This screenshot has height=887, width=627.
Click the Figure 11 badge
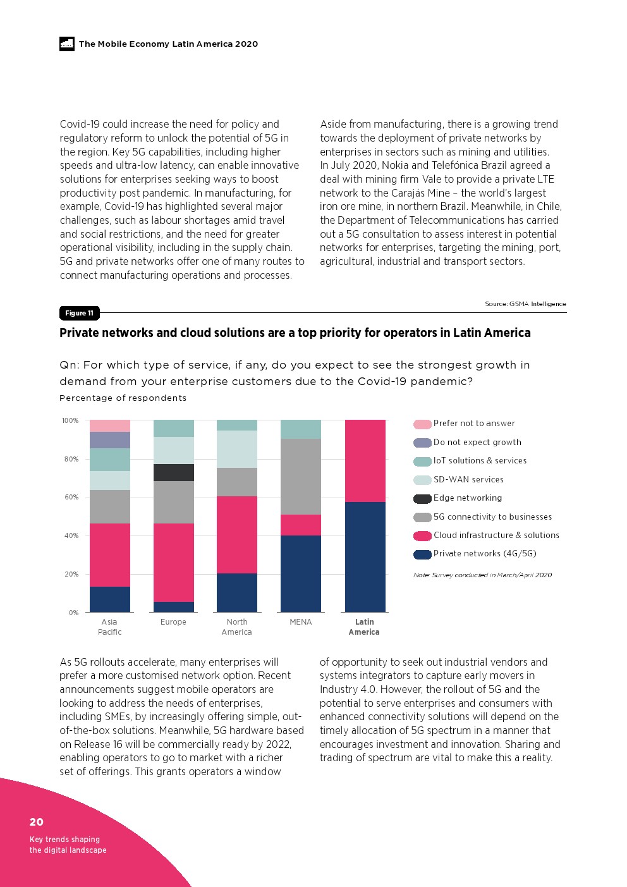point(79,313)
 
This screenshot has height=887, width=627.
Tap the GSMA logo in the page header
point(67,44)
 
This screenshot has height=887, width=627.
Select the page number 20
point(37,822)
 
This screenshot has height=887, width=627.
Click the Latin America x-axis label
point(364,627)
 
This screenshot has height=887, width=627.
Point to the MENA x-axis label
point(301,622)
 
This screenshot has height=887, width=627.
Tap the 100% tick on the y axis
point(70,420)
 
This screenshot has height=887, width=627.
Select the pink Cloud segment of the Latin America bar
point(365,461)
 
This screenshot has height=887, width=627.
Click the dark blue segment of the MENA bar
point(300,573)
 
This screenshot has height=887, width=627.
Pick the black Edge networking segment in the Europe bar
point(173,472)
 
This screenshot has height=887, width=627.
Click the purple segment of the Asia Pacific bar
point(109,440)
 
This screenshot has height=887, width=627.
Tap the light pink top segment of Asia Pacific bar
point(109,425)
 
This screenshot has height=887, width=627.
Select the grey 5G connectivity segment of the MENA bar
point(300,477)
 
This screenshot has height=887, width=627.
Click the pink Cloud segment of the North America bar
point(236,535)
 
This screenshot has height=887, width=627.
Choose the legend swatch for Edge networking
point(422,499)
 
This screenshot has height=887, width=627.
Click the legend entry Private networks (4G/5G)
point(484,554)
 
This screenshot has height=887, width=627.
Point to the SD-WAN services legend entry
point(468,480)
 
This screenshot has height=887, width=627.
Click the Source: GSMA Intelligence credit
point(525,304)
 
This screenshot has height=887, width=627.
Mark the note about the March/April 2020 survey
point(482,575)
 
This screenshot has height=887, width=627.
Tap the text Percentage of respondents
point(123,398)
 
